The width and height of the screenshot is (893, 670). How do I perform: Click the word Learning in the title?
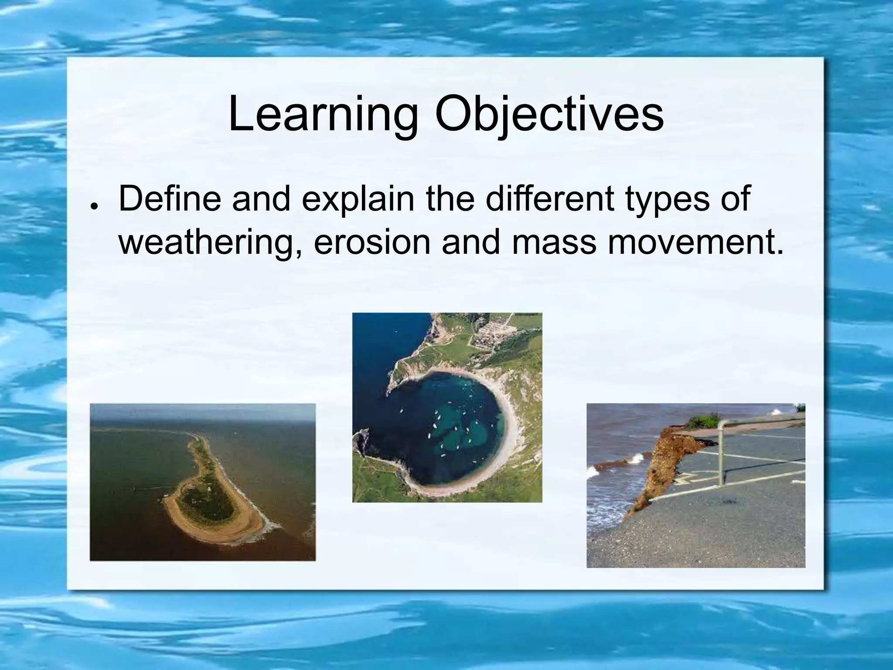322,115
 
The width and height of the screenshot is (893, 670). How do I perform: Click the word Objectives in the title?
549,115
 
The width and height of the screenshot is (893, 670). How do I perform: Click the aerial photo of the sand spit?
202,482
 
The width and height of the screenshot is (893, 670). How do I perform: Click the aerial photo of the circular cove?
447,407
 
